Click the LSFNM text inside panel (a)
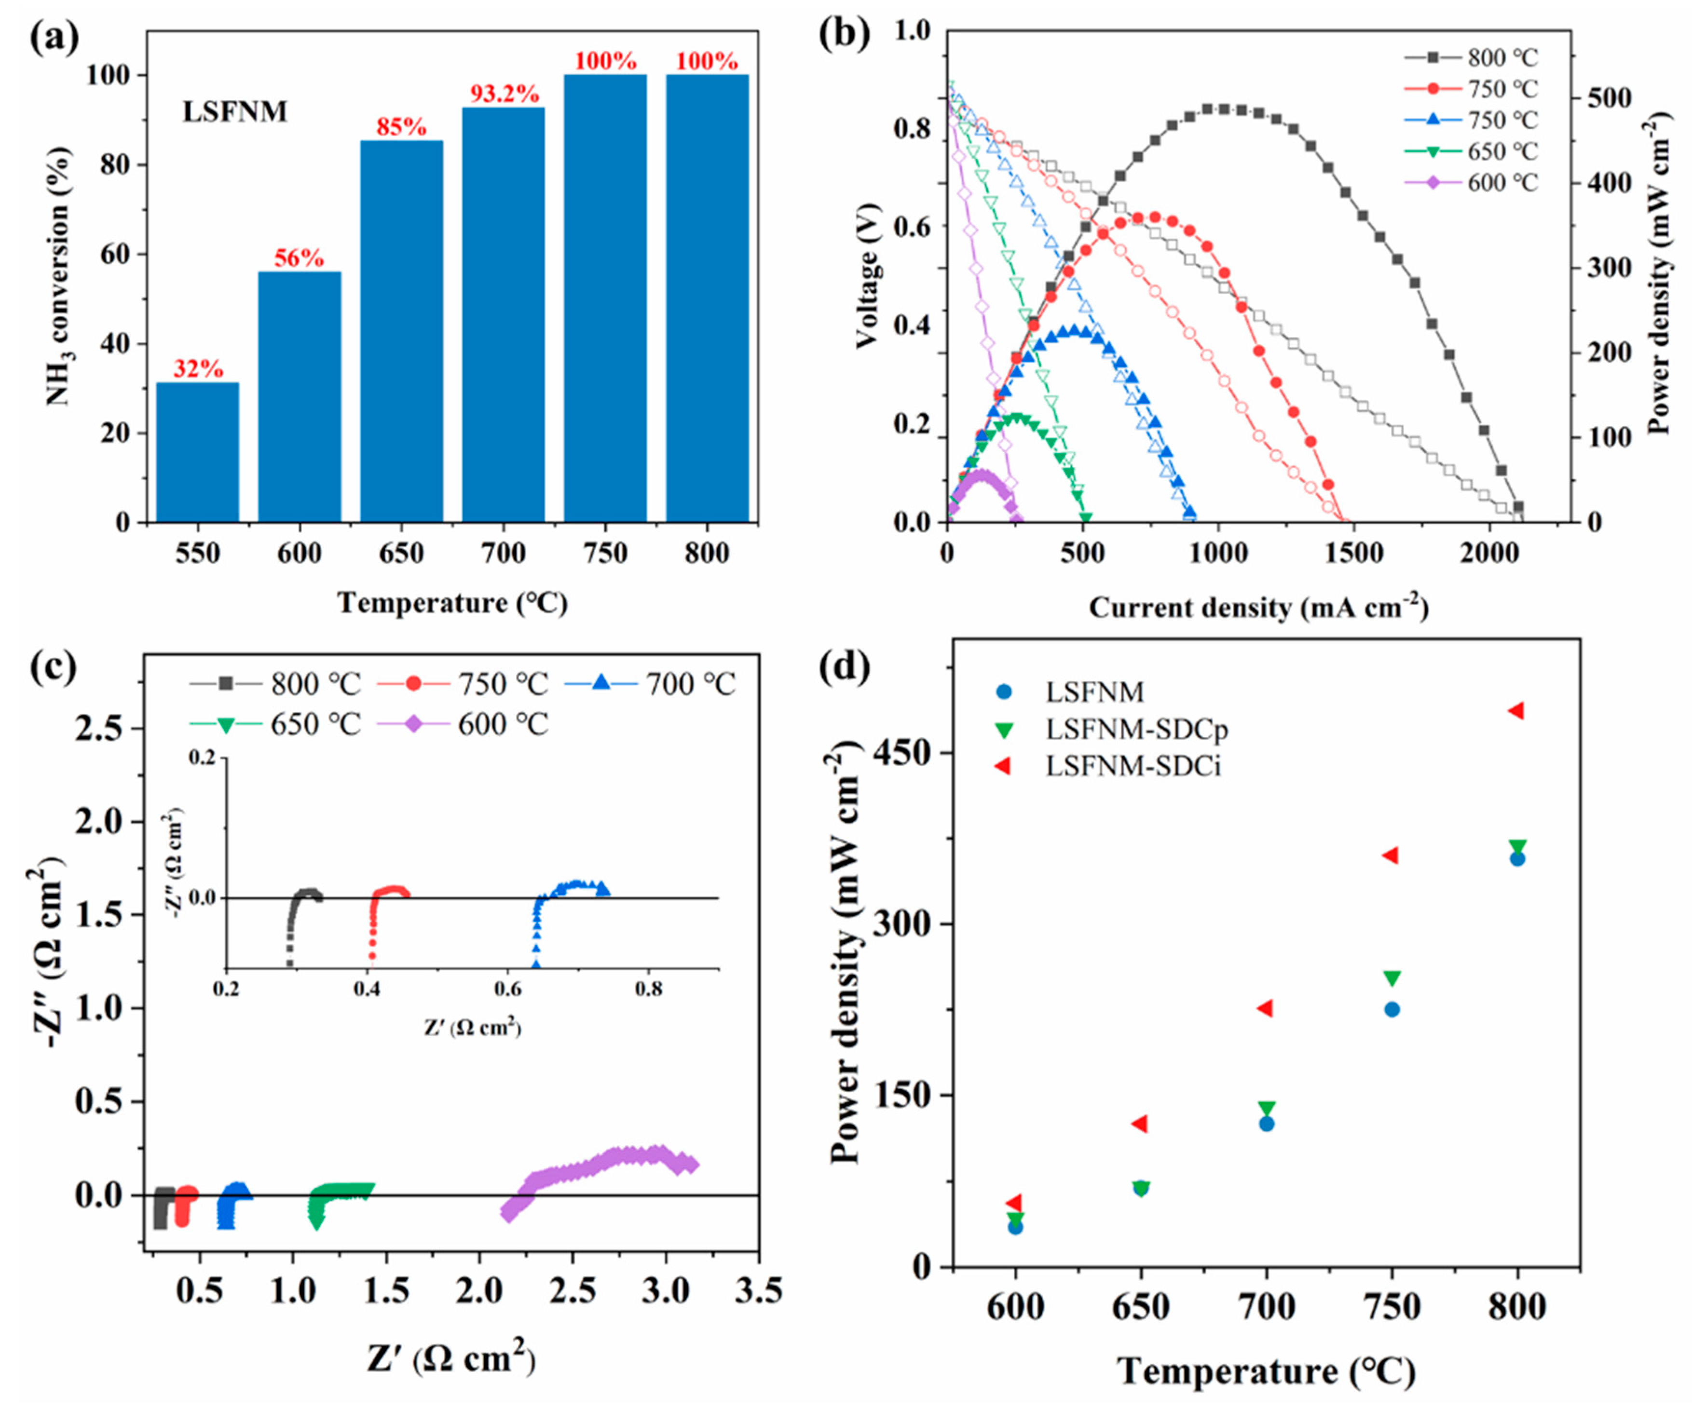pos(234,112)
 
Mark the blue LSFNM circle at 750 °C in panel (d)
pos(1392,1010)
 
